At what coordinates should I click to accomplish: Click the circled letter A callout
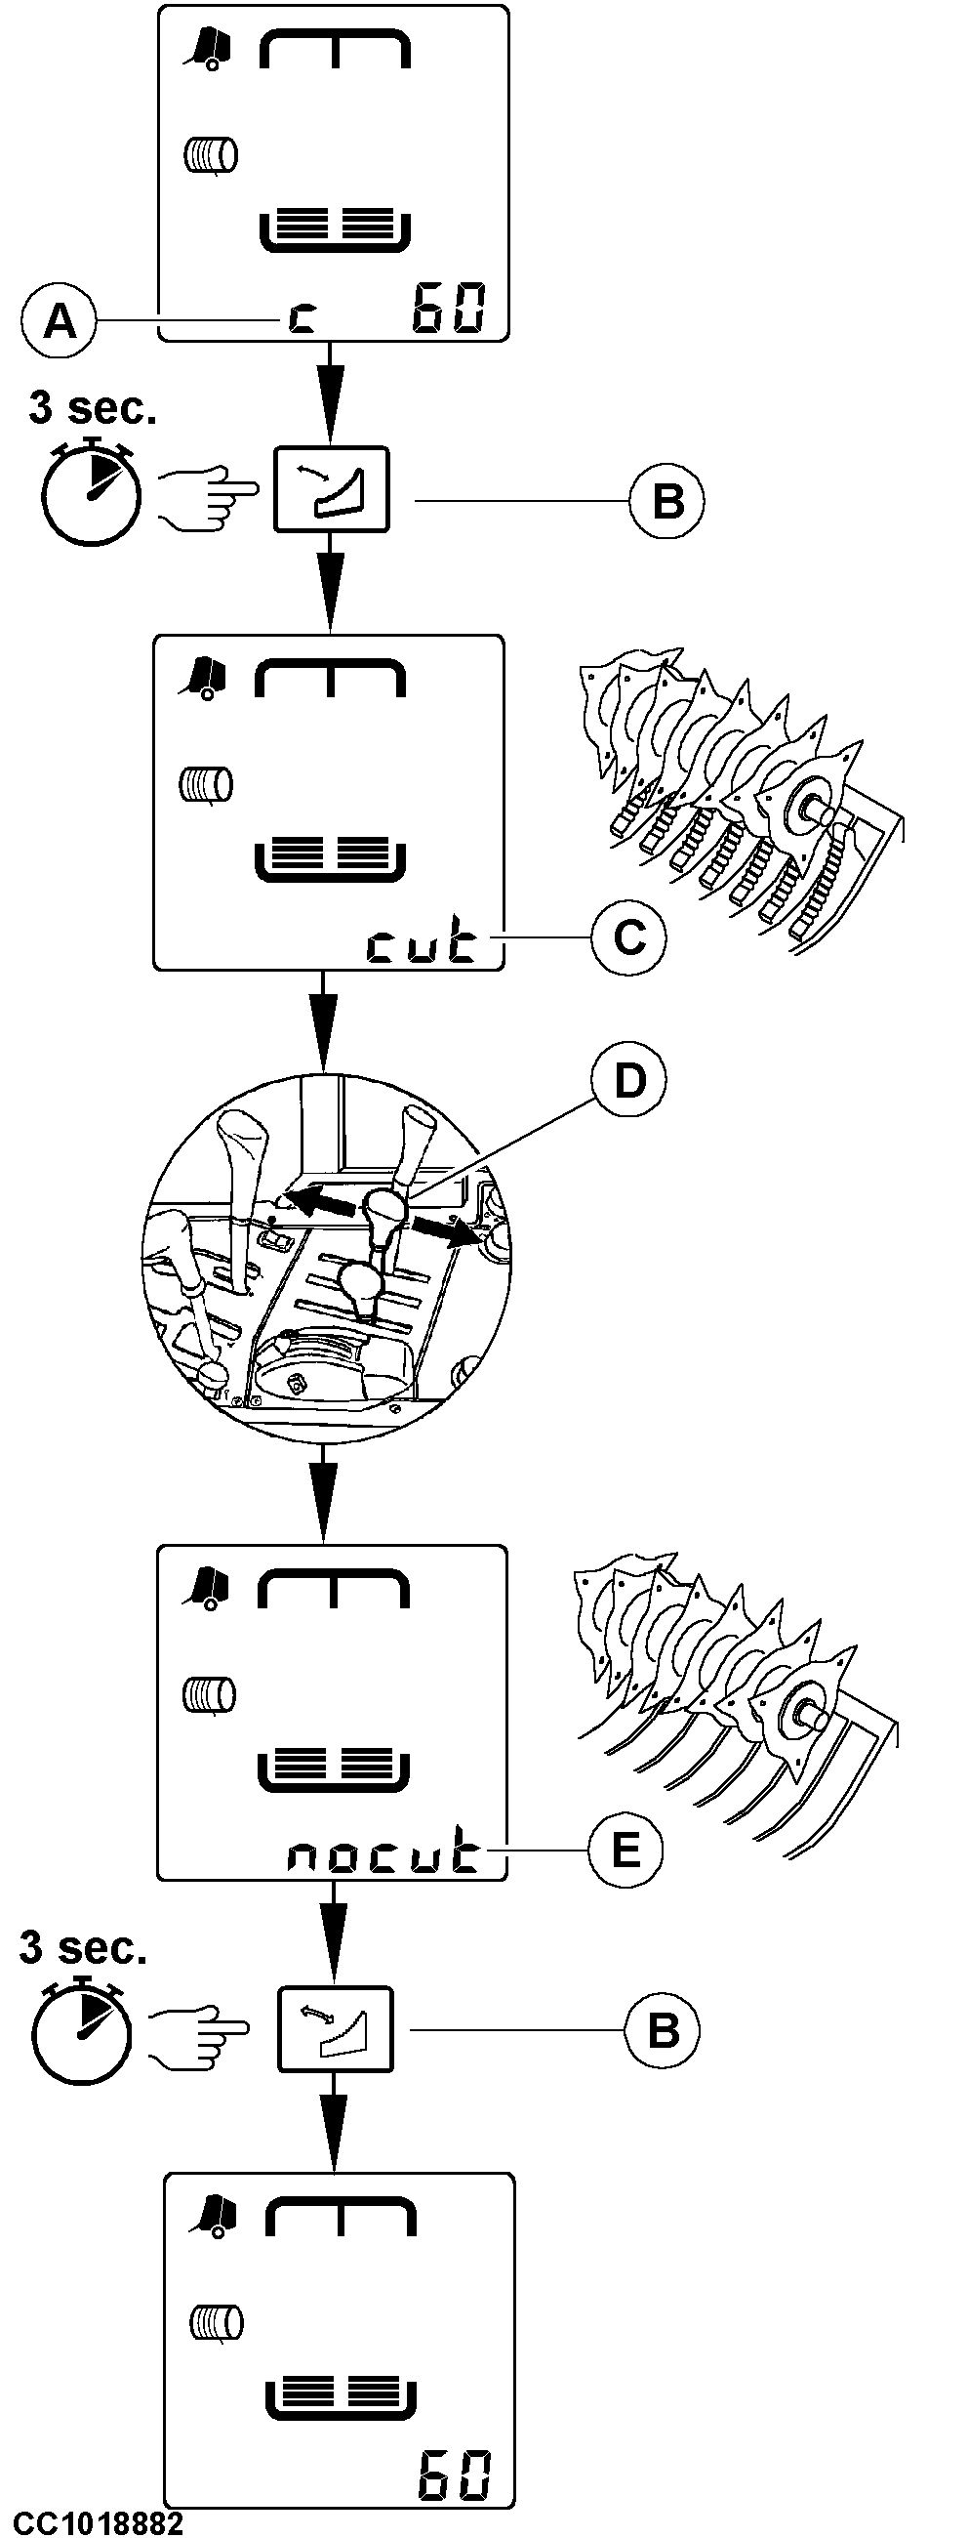click(60, 320)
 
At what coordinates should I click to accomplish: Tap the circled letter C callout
click(628, 936)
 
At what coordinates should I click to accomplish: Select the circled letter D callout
click(628, 1081)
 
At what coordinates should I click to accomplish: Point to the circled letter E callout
click(626, 1850)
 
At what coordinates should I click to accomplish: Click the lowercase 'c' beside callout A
click(302, 317)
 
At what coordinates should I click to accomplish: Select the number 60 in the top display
click(448, 308)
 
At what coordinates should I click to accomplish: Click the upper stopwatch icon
click(91, 488)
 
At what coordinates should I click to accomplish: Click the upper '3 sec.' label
click(93, 408)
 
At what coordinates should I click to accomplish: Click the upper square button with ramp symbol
click(331, 488)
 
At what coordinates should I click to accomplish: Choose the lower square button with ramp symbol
click(336, 2029)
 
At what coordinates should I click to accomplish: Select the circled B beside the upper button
click(667, 502)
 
